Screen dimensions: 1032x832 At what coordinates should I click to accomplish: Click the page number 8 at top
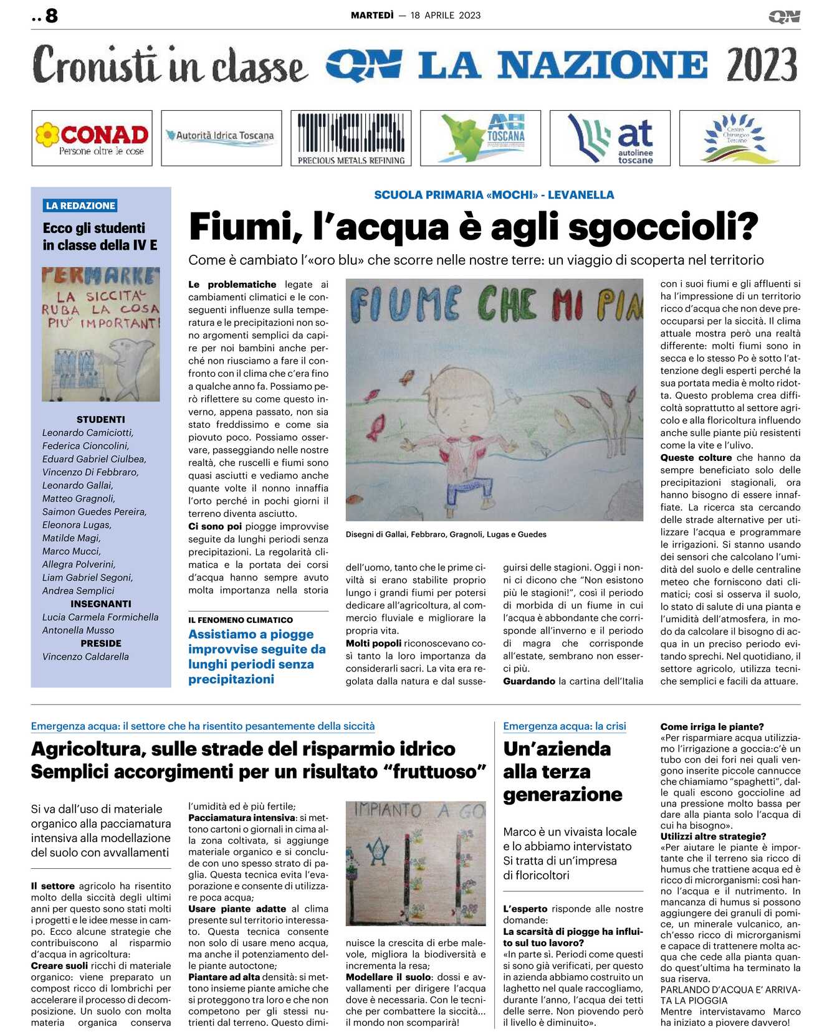[x=51, y=16]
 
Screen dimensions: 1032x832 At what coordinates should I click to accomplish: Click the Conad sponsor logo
[x=92, y=138]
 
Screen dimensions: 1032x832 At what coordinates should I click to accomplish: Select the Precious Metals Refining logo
[x=351, y=138]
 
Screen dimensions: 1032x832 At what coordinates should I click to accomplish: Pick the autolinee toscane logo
[x=610, y=138]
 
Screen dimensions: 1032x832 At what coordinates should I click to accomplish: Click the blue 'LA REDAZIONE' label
[x=80, y=206]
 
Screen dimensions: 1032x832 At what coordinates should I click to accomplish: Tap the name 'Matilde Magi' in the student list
[x=71, y=538]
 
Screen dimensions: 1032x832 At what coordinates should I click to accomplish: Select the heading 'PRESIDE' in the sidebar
[x=100, y=643]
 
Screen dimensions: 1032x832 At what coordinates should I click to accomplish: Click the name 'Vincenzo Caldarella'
[x=85, y=656]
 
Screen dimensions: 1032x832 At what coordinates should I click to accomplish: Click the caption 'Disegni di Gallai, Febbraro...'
[x=446, y=534]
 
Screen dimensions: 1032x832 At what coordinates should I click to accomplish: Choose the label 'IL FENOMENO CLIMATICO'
[x=241, y=620]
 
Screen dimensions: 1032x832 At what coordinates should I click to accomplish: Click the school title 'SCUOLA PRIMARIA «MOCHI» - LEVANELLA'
[x=494, y=195]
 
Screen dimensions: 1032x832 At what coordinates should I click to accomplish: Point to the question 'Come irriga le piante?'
[x=712, y=727]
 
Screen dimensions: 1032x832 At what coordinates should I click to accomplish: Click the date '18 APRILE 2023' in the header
[x=445, y=16]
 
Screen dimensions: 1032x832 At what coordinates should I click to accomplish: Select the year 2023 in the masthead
[x=761, y=65]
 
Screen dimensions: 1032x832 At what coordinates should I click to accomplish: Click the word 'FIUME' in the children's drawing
[x=406, y=306]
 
